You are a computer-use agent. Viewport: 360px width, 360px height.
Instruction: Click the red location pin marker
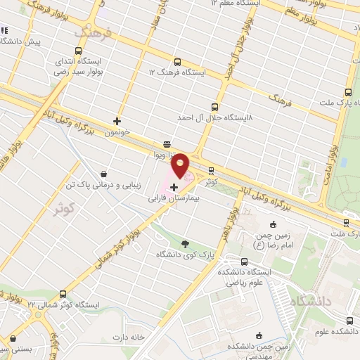(x=181, y=167)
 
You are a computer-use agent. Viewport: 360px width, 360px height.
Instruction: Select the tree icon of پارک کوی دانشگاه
(x=185, y=244)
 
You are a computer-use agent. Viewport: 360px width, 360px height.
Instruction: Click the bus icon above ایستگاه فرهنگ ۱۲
(x=176, y=61)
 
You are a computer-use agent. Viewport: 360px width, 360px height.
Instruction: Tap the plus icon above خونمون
(x=117, y=121)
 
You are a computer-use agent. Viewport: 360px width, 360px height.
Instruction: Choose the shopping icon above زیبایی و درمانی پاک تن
(x=103, y=174)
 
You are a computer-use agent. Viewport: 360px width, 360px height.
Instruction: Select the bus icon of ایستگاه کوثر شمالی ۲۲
(x=64, y=294)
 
